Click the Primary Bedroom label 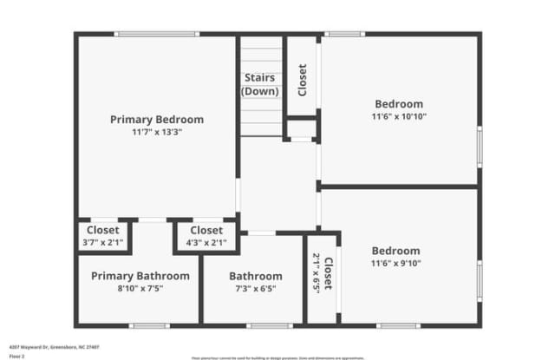157,119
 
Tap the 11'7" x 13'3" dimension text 157,133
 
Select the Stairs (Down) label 259,84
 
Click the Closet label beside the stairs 302,80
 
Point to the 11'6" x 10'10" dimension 399,116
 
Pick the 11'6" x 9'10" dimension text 395,264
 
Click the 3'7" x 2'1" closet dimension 102,243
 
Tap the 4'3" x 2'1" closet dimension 206,243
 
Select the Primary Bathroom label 140,276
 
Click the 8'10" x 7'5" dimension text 140,289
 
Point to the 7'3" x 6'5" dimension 256,289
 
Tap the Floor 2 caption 16,356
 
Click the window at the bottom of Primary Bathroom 147,326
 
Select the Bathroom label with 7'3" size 256,276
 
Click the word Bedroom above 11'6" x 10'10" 399,103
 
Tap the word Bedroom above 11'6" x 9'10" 395,251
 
